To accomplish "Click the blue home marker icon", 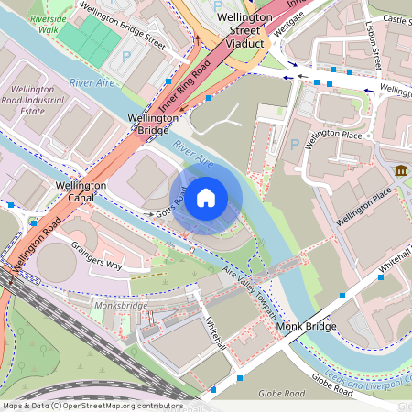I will click(x=206, y=197).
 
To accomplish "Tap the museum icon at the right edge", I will click(x=401, y=171).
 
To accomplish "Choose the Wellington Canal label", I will click(x=81, y=191).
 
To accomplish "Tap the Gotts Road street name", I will click(x=174, y=204).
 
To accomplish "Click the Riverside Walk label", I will click(x=48, y=24).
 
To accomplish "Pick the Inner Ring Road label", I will click(x=186, y=86).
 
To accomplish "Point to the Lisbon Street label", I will click(x=373, y=46).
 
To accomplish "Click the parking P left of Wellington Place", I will click(x=294, y=145).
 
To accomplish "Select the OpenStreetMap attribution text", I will click(x=92, y=405).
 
